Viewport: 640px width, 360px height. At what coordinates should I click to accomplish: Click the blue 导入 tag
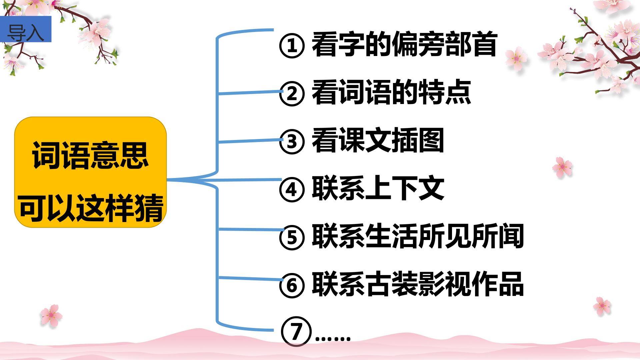click(x=26, y=29)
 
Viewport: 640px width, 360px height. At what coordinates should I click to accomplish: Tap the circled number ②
click(x=292, y=93)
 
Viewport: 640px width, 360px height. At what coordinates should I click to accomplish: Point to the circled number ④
click(x=292, y=189)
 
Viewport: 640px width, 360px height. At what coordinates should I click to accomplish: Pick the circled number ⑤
click(x=292, y=237)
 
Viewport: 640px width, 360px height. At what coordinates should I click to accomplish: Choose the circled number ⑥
click(x=292, y=285)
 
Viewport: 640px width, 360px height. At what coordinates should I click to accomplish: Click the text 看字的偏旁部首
click(x=404, y=44)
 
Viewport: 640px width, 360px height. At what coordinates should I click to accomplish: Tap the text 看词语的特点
click(x=391, y=92)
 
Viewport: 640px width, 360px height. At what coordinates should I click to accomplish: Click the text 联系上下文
click(x=378, y=188)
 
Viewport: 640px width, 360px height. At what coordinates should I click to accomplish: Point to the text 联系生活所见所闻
click(x=418, y=236)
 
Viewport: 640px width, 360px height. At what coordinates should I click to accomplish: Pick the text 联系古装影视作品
click(x=418, y=284)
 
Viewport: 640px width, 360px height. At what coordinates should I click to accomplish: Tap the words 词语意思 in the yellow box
click(x=90, y=156)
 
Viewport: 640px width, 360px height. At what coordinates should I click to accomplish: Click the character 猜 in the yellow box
click(x=149, y=208)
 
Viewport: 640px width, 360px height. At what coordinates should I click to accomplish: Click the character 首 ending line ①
click(x=484, y=44)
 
